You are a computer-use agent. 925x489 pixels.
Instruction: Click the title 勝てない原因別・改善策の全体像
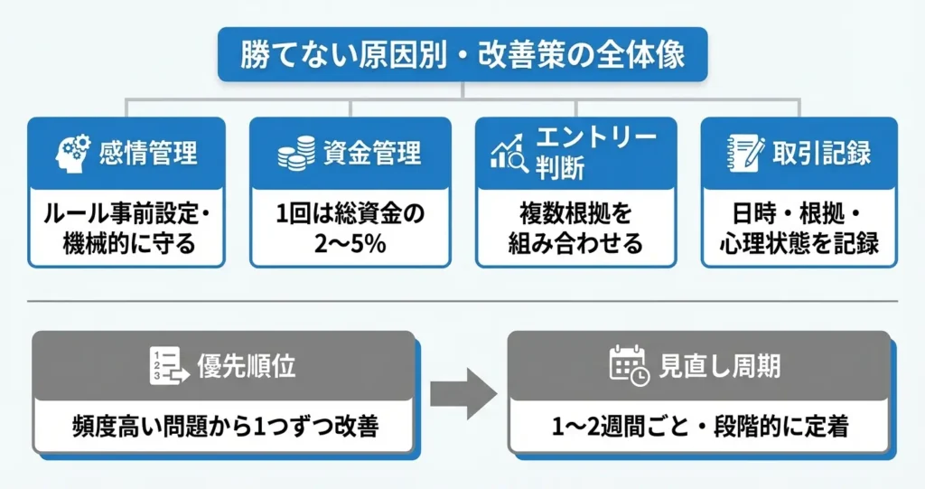click(462, 54)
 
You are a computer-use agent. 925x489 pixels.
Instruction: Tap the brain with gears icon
click(73, 153)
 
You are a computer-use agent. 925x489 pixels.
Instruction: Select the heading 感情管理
click(148, 153)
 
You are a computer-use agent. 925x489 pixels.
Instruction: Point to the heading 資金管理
click(372, 153)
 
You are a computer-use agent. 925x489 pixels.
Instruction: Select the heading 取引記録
click(821, 153)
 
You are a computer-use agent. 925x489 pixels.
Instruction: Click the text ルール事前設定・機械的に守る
click(126, 229)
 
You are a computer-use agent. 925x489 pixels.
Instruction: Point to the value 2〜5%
click(350, 244)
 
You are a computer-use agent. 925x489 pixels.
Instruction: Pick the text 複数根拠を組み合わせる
click(575, 229)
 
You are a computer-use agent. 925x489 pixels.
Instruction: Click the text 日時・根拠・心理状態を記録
click(799, 229)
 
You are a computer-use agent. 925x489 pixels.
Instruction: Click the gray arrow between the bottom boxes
click(462, 392)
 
